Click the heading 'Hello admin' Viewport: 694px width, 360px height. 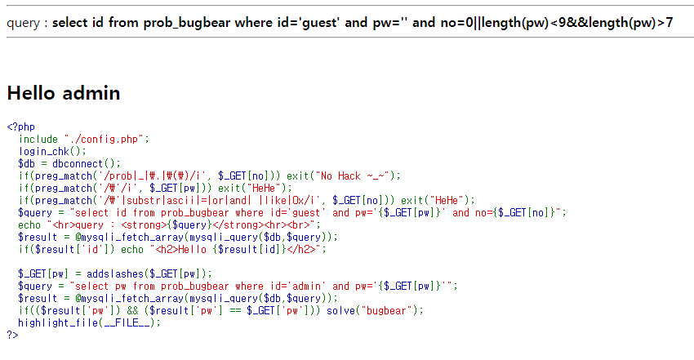pyautogui.click(x=64, y=93)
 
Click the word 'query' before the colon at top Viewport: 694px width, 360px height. pyautogui.click(x=24, y=22)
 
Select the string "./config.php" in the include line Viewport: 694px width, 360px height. pyautogui.click(x=106, y=139)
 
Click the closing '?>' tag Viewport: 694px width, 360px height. pyautogui.click(x=11, y=335)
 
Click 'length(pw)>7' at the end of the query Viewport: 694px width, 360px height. pyautogui.click(x=634, y=22)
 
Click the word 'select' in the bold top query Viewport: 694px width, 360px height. pyautogui.click(x=72, y=22)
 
